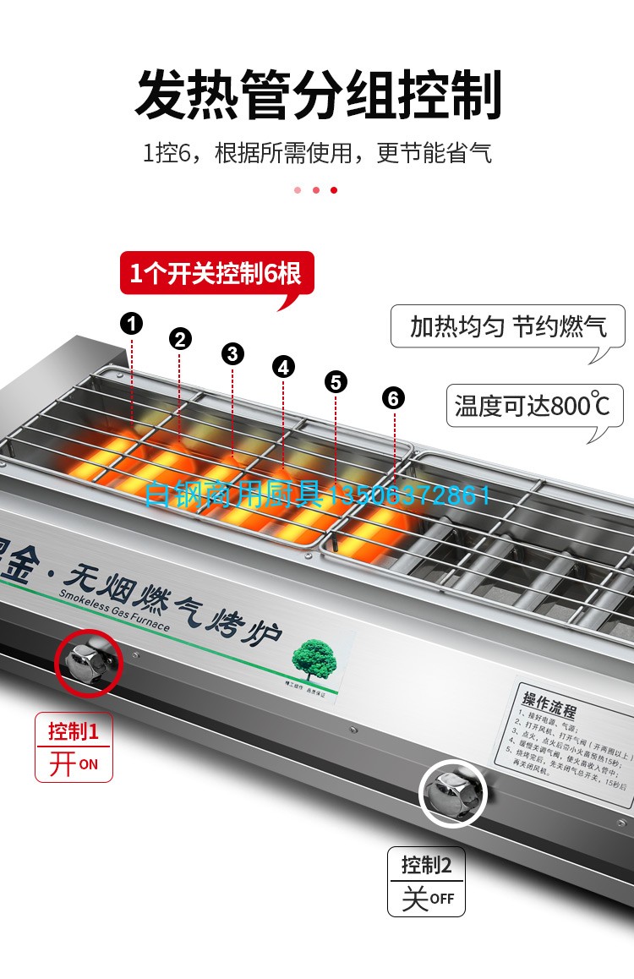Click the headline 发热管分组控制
pos(318,95)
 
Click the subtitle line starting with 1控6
pos(317,153)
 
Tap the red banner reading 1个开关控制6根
pos(216,274)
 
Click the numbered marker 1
pos(131,322)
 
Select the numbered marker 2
pos(180,340)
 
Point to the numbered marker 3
pos(233,353)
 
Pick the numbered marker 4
pos(283,367)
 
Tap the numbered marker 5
pos(336,382)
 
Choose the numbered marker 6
pos(393,397)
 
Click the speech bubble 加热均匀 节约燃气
pos(508,327)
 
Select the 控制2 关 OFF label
pos(427,882)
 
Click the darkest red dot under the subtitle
pos(334,190)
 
